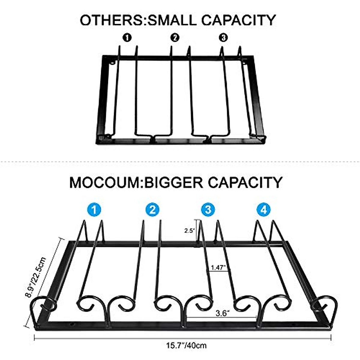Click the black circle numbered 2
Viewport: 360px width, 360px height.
tap(175, 37)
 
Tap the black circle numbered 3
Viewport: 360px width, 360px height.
tap(223, 37)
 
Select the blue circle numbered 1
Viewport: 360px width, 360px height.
tap(94, 209)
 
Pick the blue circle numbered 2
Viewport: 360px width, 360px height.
tap(153, 209)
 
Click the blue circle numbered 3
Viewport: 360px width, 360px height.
tap(208, 209)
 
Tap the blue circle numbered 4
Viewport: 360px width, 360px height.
tap(264, 209)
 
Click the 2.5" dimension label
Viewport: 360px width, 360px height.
tap(190, 231)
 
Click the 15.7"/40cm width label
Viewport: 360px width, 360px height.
tap(186, 345)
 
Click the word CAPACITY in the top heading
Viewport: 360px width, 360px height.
tap(238, 20)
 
